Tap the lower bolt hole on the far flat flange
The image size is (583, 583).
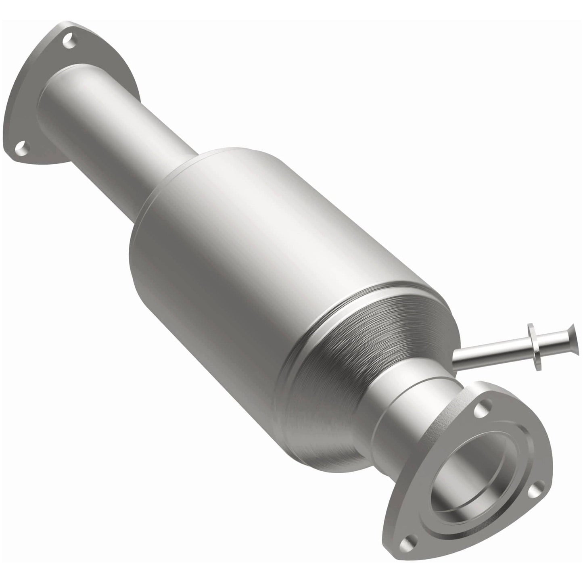(21, 150)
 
